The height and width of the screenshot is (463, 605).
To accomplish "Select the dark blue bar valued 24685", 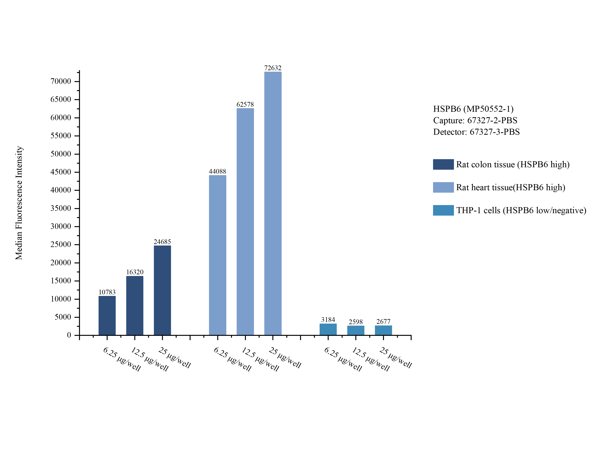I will click(x=162, y=290).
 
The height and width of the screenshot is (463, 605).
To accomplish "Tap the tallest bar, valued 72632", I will click(x=273, y=203).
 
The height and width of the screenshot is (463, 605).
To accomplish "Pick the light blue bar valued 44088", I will click(x=217, y=255).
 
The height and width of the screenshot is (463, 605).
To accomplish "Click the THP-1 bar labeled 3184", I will click(x=328, y=329).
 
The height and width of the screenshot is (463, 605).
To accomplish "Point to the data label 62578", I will click(x=245, y=104).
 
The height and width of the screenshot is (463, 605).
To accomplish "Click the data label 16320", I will click(x=135, y=272).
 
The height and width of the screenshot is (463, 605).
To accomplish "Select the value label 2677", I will click(x=383, y=322).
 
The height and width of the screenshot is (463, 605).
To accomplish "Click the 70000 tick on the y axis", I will click(x=61, y=81).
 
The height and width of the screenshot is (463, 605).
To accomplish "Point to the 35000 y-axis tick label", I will click(x=61, y=208).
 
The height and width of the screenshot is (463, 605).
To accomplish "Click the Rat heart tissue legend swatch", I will click(x=443, y=187).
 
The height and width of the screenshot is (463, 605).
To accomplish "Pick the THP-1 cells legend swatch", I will click(x=443, y=210).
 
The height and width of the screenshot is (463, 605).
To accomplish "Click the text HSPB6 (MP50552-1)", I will click(x=473, y=109).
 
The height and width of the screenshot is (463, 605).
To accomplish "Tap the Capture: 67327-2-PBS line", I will click(x=475, y=120).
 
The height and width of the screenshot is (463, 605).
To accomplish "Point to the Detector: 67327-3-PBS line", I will click(x=476, y=132).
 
